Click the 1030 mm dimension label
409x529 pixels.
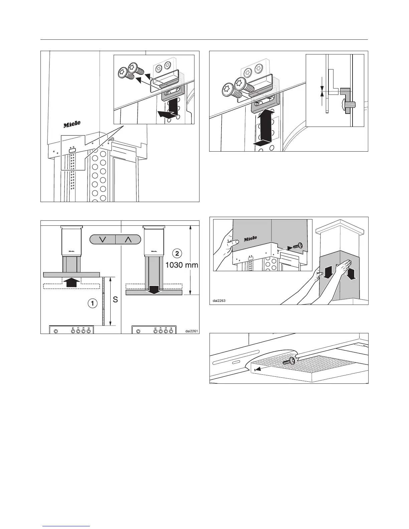coord(182,266)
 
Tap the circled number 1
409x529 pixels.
coord(92,303)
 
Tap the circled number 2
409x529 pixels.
coord(177,253)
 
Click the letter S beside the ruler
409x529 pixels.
coord(115,300)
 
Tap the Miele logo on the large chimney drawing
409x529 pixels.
coord(72,124)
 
